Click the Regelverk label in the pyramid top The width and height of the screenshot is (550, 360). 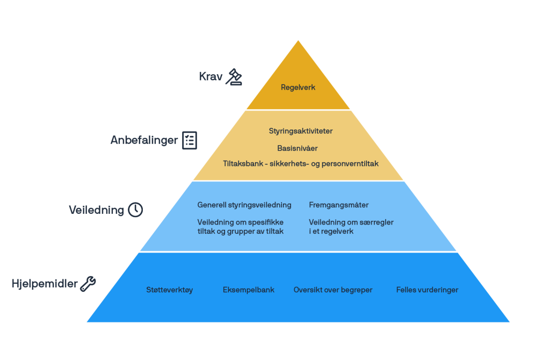point(298,87)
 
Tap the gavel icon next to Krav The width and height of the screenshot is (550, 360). point(234,77)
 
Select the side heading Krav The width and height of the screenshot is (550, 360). point(211,77)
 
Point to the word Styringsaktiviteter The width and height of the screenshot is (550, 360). point(301,131)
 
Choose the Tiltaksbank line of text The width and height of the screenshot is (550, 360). point(301,163)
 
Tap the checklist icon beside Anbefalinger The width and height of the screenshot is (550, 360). point(189,140)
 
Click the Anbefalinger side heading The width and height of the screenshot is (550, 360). point(144,140)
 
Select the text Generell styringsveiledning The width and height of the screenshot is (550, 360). point(244,205)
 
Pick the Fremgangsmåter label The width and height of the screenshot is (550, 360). point(338,205)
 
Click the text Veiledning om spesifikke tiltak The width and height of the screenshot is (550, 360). point(240,226)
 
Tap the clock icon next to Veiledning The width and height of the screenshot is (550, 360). point(135,210)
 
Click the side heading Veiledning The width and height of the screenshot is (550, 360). point(96,210)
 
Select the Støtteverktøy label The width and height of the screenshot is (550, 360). point(169,290)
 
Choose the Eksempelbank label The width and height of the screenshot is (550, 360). point(248,290)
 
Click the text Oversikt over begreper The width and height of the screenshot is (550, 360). point(332,290)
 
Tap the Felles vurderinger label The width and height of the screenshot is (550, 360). point(427,290)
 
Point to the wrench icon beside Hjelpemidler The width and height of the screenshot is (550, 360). point(88,284)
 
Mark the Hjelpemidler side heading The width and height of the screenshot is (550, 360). point(45,284)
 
